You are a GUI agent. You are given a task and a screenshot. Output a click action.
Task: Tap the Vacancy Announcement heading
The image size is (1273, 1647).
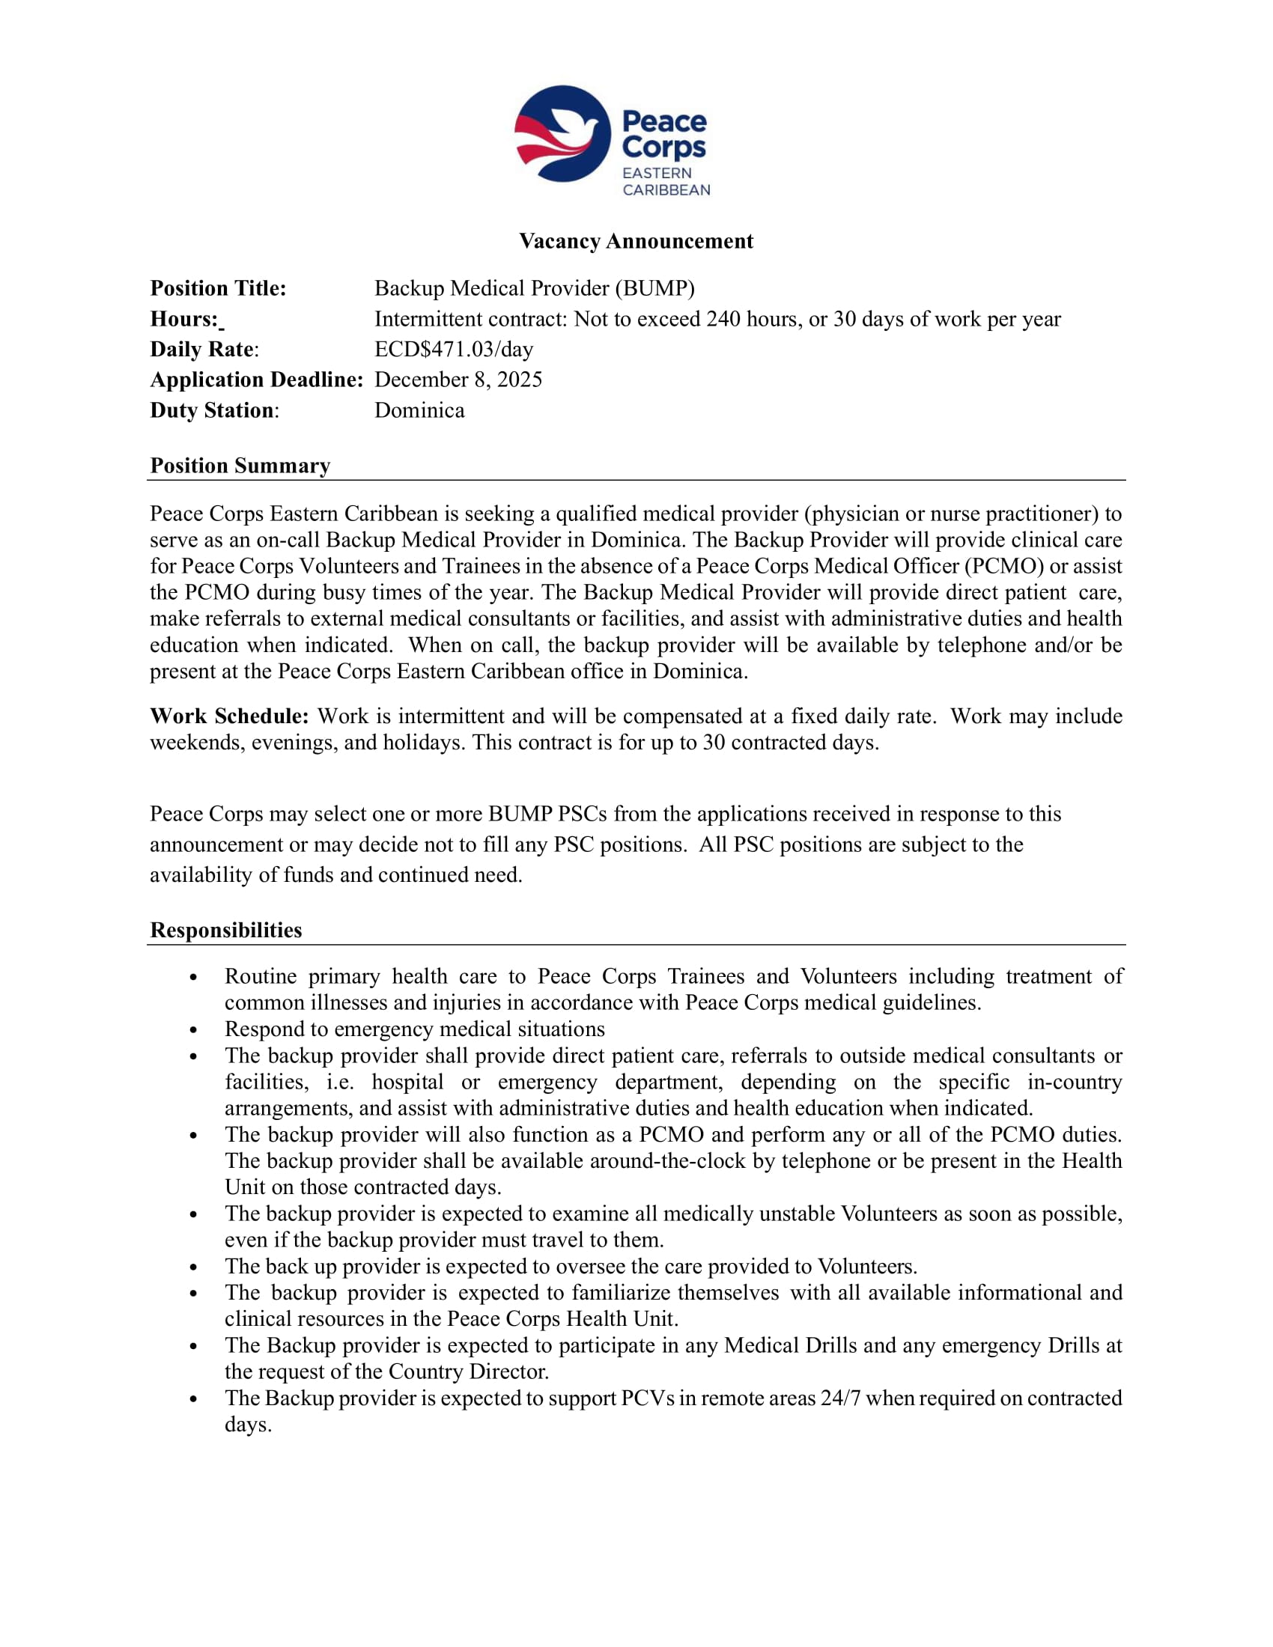pos(636,241)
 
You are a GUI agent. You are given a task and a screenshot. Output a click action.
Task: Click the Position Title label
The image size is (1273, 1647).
pos(218,289)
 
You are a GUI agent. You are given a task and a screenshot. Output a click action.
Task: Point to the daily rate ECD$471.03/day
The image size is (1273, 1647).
pos(453,349)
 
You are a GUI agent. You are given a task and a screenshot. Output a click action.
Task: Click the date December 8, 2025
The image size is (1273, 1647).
pos(458,380)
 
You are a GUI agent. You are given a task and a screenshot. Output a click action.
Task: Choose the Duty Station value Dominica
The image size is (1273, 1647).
pos(419,410)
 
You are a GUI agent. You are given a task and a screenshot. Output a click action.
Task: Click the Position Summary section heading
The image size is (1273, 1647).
pos(240,466)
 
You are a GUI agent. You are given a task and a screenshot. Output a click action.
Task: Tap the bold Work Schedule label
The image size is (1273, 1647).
pos(229,716)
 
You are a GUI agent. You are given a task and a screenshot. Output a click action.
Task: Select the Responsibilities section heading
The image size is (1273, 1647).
pos(225,930)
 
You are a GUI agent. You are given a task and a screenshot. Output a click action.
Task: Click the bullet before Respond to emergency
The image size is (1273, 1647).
pos(194,1030)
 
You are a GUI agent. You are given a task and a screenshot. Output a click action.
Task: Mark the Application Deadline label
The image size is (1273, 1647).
pos(256,380)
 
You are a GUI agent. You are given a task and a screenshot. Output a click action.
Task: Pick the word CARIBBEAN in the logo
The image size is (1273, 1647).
pos(666,190)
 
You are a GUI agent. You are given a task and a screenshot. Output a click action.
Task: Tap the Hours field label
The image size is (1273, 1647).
pos(185,319)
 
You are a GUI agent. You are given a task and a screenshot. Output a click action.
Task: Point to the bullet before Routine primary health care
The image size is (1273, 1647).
pos(194,977)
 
